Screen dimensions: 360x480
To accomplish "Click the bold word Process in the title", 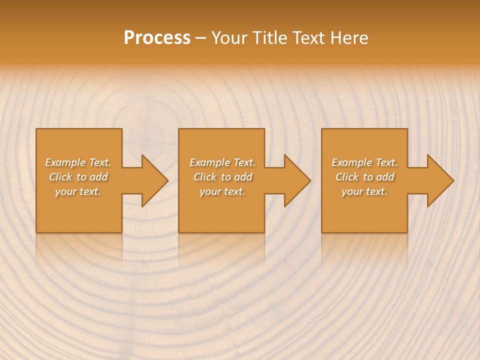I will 157,38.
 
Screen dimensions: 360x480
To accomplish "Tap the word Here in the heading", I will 348,38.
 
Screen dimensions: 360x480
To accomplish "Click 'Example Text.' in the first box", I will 78,162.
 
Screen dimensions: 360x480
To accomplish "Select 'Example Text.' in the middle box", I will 222,162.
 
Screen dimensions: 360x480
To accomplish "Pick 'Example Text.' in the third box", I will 364,162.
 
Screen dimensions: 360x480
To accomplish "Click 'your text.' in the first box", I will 78,191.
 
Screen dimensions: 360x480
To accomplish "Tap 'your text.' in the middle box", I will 222,191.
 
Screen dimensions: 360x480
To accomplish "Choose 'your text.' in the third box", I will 364,191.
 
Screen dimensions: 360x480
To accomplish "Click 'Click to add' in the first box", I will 78,177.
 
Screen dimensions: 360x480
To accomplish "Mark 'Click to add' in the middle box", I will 222,177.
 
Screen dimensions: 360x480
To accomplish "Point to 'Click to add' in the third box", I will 364,177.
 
